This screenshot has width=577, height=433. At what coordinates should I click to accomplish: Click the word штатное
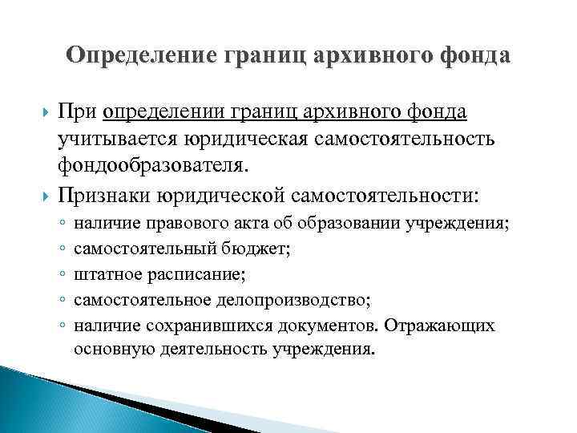pos(105,277)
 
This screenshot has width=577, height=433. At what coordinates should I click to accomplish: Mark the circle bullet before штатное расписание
pos(62,277)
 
